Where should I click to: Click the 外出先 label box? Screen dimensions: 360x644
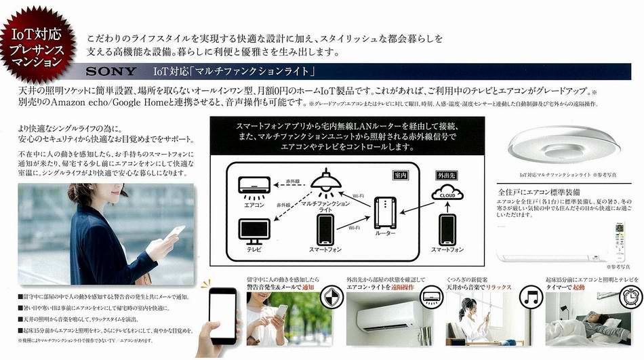click(448, 174)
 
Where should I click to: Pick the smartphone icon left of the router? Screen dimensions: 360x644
click(323, 232)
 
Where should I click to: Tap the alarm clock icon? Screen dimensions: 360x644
click(629, 296)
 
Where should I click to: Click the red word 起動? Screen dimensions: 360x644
click(578, 287)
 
